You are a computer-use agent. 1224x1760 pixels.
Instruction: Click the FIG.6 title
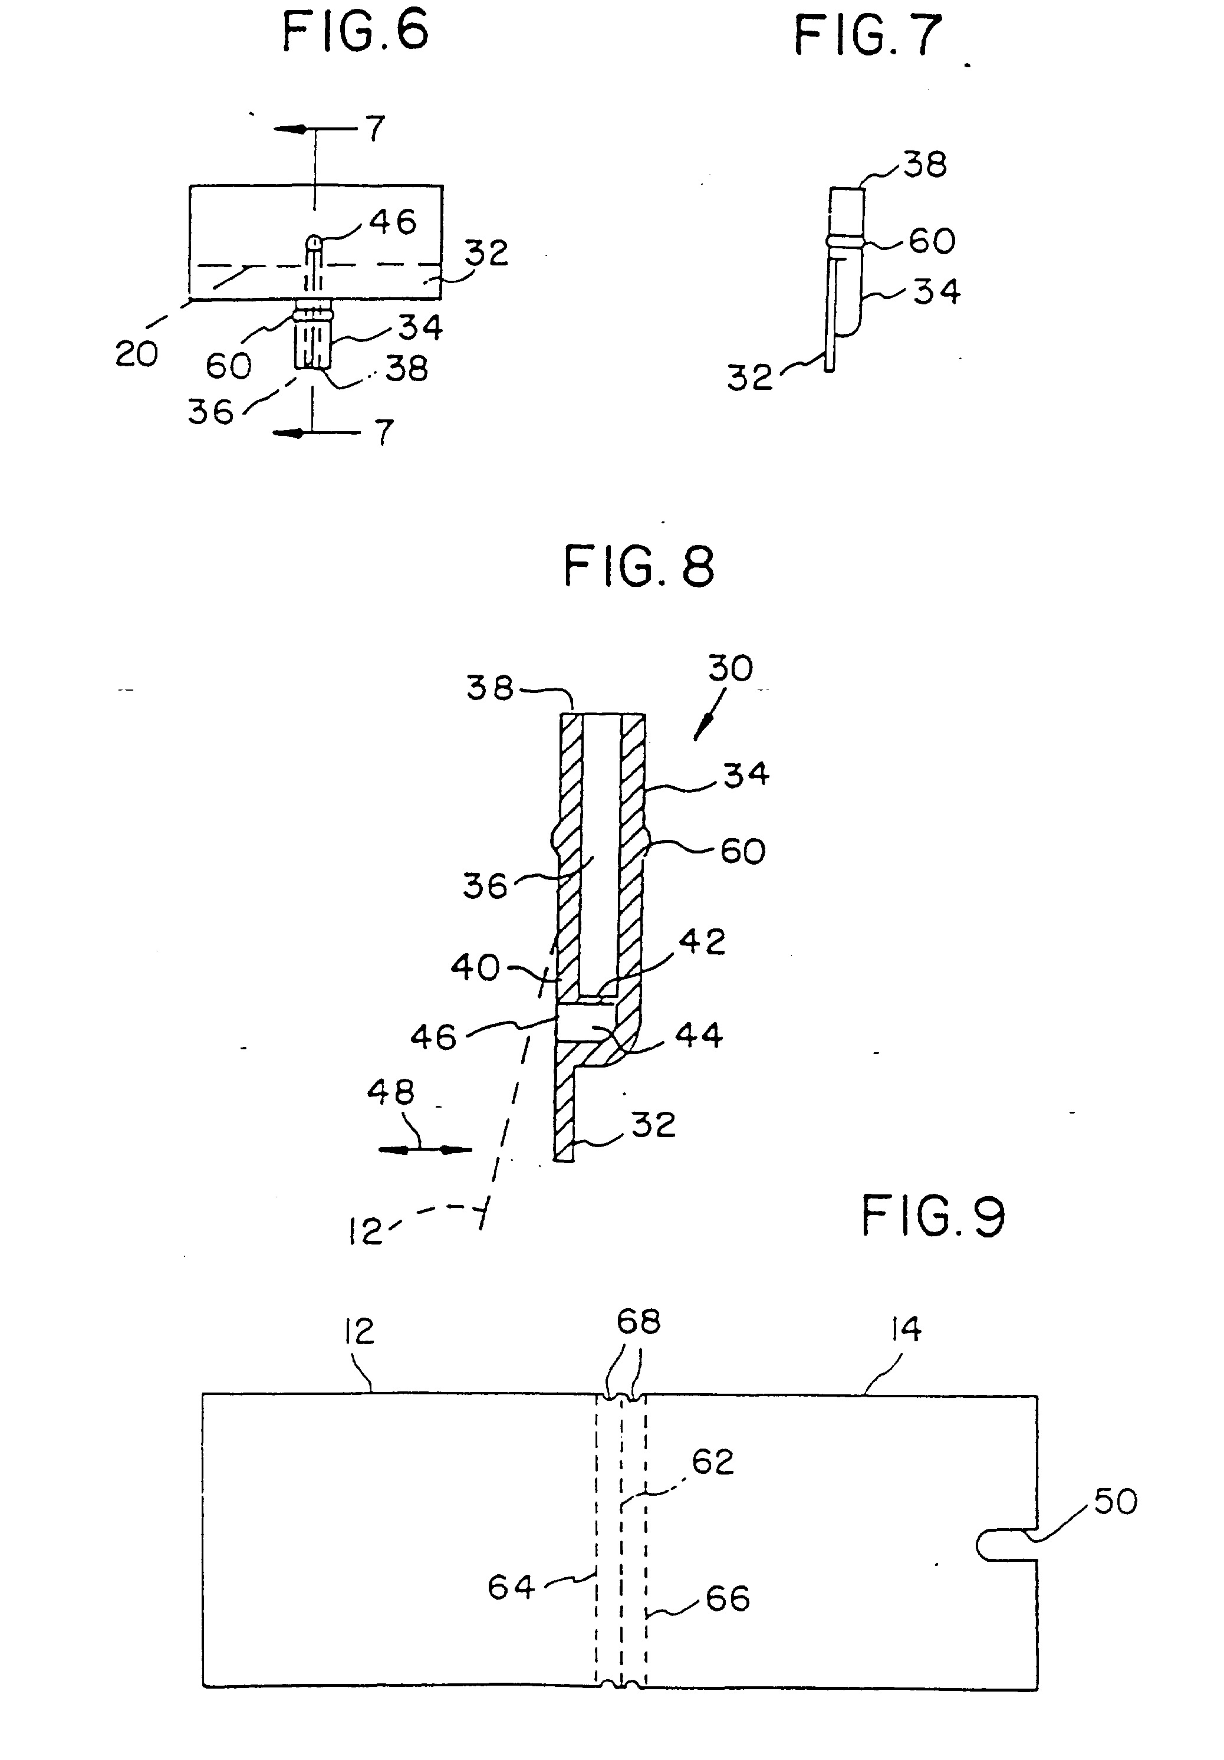[x=356, y=33]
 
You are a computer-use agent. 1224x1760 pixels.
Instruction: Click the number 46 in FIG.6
[x=393, y=222]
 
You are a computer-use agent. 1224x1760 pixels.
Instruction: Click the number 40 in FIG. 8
[x=475, y=967]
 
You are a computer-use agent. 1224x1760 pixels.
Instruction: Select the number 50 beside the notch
[x=1115, y=1502]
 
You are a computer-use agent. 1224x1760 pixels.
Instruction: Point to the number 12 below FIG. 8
[x=365, y=1232]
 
